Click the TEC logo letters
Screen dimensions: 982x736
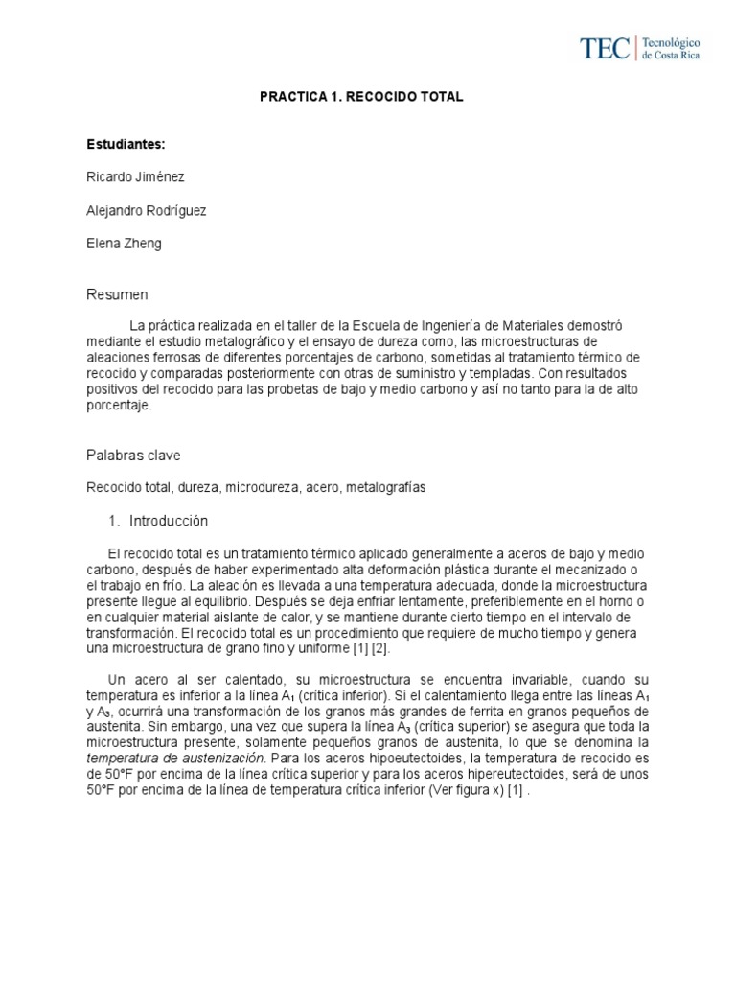605,48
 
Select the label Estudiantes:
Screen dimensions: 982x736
126,144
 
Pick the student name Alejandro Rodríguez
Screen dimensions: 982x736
146,210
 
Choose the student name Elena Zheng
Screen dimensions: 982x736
125,243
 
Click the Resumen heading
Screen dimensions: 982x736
118,293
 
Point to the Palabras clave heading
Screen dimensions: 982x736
133,455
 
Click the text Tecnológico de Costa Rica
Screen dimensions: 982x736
670,49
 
